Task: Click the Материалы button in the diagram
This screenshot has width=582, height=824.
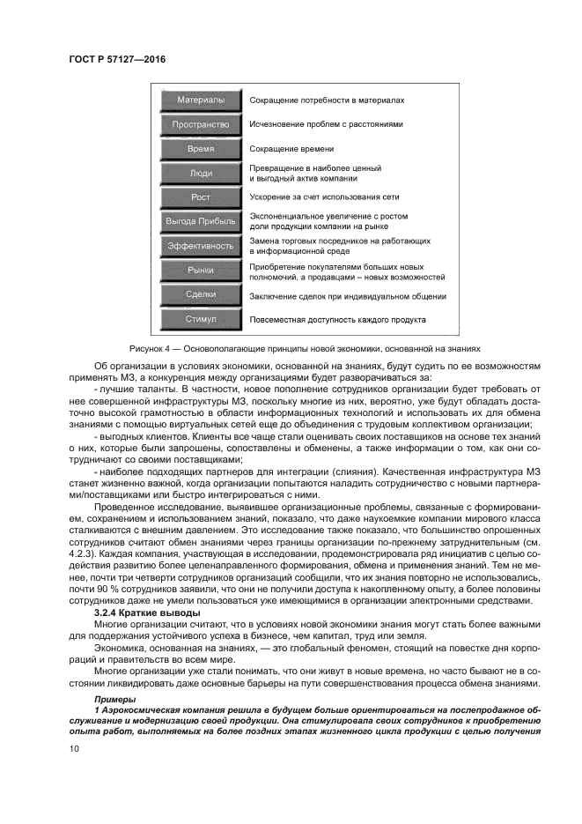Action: (x=201, y=100)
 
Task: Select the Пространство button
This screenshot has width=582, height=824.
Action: (x=201, y=125)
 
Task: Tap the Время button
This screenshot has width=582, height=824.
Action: (x=201, y=150)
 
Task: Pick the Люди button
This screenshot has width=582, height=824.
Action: (x=201, y=174)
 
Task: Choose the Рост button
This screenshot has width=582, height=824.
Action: (x=201, y=197)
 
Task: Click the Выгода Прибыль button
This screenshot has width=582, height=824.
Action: (x=201, y=221)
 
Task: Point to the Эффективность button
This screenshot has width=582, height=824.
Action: (x=201, y=246)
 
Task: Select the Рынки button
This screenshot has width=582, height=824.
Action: (x=201, y=271)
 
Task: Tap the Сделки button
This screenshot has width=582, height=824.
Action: (x=201, y=294)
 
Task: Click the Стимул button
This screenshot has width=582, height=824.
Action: (x=201, y=319)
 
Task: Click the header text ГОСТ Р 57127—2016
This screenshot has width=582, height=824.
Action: (x=116, y=59)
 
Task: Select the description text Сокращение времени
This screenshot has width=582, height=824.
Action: (x=286, y=150)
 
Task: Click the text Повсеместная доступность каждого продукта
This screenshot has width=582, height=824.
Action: (x=338, y=320)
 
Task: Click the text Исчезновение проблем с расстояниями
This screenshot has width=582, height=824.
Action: (x=326, y=125)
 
